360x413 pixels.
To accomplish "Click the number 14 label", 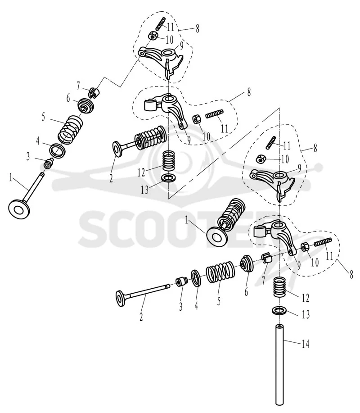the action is [305, 344].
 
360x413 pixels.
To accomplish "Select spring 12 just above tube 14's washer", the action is [280, 287].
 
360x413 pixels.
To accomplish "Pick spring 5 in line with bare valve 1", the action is [70, 130].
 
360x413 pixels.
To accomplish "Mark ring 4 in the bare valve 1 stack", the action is [57, 151].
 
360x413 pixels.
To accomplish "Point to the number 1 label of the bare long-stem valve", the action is [11, 178].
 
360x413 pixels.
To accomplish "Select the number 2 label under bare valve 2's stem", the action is [141, 316].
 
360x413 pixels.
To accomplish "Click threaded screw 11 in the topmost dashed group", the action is [160, 23].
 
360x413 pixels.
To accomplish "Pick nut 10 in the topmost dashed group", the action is [153, 35].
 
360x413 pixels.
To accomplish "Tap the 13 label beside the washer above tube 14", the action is [305, 314].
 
